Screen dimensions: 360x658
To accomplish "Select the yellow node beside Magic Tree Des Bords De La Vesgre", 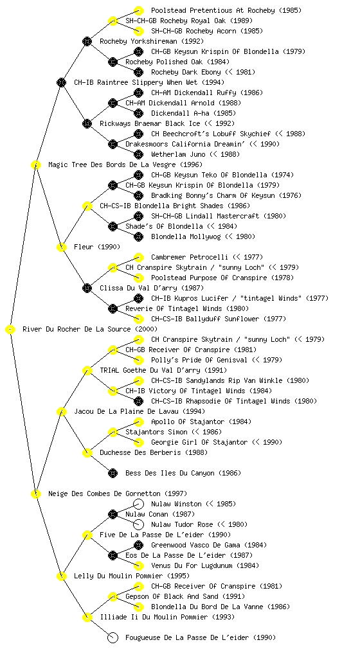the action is click(x=35, y=164).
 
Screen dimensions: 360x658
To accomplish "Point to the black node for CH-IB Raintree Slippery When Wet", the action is click(x=61, y=82).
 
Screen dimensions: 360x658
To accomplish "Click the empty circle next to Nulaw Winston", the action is click(x=138, y=504).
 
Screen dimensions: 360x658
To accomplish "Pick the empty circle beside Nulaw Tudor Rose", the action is click(x=138, y=524).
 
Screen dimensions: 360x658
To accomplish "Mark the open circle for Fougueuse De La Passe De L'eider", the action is click(x=113, y=637).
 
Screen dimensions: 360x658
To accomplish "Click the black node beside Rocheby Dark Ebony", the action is click(x=138, y=72).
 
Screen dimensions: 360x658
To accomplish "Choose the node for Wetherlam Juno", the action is click(x=138, y=154).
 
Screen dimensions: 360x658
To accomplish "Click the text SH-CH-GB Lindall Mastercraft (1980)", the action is click(x=218, y=216).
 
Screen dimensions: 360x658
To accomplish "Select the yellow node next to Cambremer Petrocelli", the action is click(x=138, y=257).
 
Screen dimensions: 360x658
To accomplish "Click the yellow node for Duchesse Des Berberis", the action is click(x=87, y=452).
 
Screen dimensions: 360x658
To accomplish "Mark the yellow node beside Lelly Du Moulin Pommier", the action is click(x=61, y=576).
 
